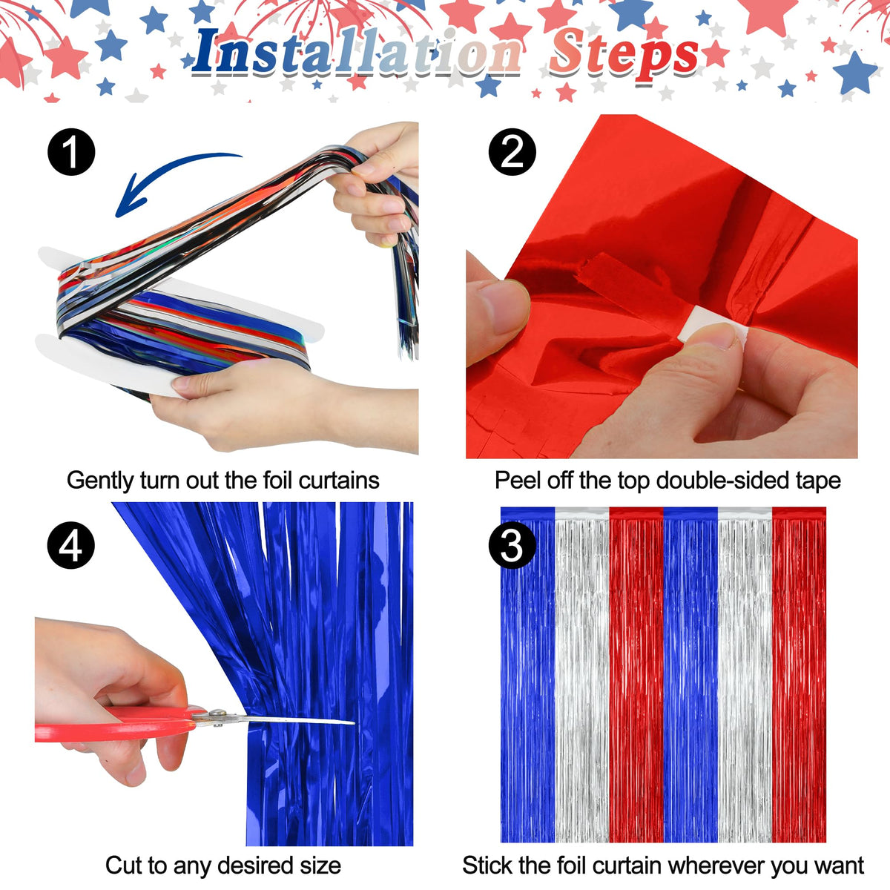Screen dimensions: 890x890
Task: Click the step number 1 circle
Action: pos(71,152)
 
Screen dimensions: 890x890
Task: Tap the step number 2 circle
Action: pos(512,152)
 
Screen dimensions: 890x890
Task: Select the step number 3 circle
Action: pos(512,545)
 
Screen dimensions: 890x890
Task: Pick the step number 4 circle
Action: pos(71,545)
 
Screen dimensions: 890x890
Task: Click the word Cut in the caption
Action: pos(122,865)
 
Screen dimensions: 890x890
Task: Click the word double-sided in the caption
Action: pos(722,481)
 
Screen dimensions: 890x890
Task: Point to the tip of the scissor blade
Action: pos(354,722)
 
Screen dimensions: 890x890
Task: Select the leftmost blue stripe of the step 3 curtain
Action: pos(527,674)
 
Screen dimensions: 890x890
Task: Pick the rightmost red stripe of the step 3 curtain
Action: pos(799,674)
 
